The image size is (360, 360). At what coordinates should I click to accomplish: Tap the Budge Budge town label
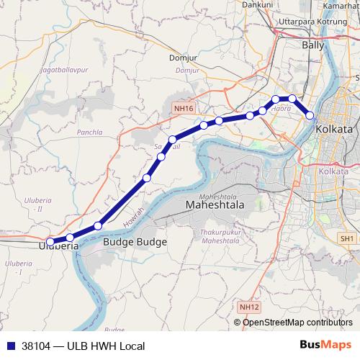point(135,243)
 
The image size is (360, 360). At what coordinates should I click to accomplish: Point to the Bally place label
point(314,45)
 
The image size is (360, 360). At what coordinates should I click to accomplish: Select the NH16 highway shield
point(184,109)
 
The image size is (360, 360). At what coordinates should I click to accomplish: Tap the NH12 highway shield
point(250,307)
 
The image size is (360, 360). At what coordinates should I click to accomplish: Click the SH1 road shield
point(348,238)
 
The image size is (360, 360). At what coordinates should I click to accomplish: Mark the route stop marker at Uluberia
point(50,241)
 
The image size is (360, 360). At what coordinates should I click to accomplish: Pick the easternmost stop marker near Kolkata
point(310,115)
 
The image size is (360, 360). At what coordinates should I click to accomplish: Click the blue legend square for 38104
point(10,346)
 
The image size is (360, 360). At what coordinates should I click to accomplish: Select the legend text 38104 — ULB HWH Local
point(83,346)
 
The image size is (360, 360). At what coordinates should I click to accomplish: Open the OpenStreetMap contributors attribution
point(297,322)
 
